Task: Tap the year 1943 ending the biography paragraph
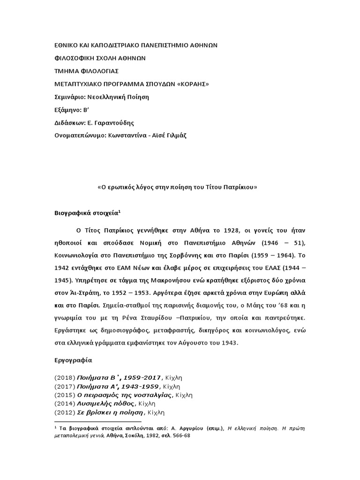[x=228, y=343]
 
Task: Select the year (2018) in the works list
[x=64, y=377]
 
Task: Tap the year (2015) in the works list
[x=64, y=395]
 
